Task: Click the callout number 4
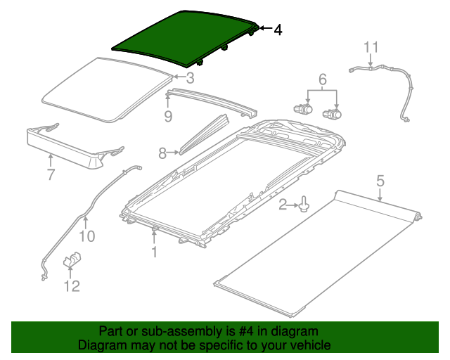pos(278,30)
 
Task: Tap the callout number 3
pos(190,78)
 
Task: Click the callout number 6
pos(323,79)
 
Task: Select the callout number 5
pos(380,181)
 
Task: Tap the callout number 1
pos(154,251)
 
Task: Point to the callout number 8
pos(162,152)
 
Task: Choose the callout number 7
pos(51,175)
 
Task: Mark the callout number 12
pos(72,285)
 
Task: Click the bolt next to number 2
pos(303,205)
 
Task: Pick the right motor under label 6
pos(332,114)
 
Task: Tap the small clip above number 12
pos(73,261)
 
